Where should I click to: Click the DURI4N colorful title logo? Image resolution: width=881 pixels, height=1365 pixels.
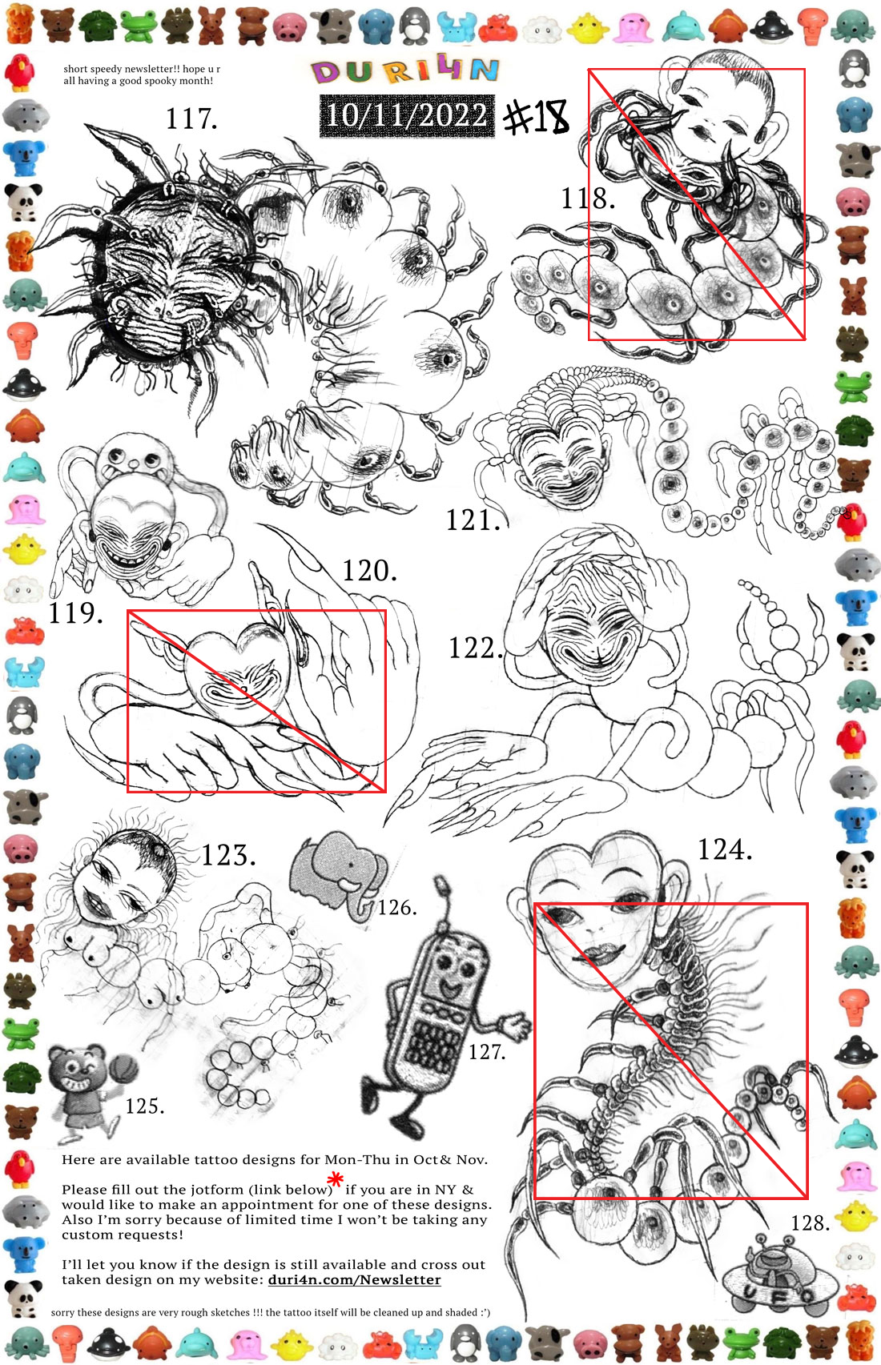click(x=404, y=71)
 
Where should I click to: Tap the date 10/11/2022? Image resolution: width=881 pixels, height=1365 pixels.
click(x=407, y=115)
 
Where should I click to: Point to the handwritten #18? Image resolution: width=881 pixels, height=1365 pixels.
click(x=536, y=117)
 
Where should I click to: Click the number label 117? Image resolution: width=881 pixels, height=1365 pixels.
click(x=191, y=118)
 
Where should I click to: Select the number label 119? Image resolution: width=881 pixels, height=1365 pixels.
click(x=75, y=612)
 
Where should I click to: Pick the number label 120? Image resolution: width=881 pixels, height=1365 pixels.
click(x=369, y=571)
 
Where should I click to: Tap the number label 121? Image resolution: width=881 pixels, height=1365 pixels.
click(x=473, y=520)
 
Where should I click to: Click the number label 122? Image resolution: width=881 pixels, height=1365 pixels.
click(x=476, y=648)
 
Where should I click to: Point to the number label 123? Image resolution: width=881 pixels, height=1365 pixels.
click(x=228, y=855)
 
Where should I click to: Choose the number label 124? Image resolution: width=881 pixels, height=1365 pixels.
click(x=724, y=849)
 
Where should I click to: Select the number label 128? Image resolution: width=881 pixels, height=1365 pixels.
click(x=810, y=1222)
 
